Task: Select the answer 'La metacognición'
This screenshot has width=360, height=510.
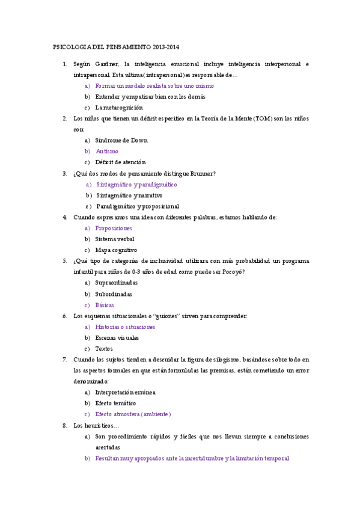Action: [119, 108]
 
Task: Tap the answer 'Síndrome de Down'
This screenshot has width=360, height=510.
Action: [121, 141]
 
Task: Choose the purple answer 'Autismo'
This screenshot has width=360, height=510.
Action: [107, 152]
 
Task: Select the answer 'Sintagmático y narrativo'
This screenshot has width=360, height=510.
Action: [129, 195]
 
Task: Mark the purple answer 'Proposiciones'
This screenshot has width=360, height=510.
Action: [114, 229]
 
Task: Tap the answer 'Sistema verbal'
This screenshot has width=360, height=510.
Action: [115, 239]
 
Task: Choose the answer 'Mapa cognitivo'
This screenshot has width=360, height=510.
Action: [116, 250]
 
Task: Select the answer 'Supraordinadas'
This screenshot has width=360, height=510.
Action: [117, 283]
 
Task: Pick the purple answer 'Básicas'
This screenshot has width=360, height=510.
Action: [105, 305]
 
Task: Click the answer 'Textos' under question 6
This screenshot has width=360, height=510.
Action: [104, 349]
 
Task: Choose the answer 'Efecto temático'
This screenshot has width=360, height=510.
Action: [115, 403]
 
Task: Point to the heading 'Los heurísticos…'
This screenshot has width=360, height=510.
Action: [96, 426]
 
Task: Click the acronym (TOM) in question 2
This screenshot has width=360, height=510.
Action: [266, 118]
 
